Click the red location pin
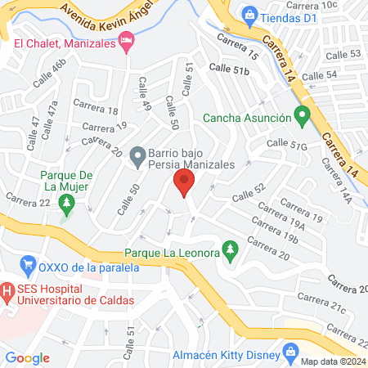[x=183, y=182]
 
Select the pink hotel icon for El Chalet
[x=127, y=42]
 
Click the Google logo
[x=28, y=357]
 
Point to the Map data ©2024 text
[x=332, y=361]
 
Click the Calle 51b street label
[x=229, y=71]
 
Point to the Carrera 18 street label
[x=96, y=108]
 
